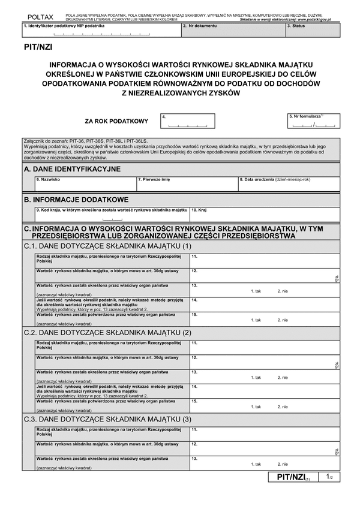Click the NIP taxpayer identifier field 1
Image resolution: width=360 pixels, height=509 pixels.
101,30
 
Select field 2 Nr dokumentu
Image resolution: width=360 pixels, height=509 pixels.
232,30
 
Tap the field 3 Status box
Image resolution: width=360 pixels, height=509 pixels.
312,30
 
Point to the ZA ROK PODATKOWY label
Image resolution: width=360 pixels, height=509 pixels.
116,121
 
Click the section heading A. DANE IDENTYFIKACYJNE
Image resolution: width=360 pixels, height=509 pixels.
72,170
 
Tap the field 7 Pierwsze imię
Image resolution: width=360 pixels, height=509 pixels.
187,183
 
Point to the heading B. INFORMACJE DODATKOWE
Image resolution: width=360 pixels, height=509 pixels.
76,199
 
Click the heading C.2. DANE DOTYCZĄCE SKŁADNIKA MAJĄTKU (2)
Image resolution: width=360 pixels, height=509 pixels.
107,332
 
